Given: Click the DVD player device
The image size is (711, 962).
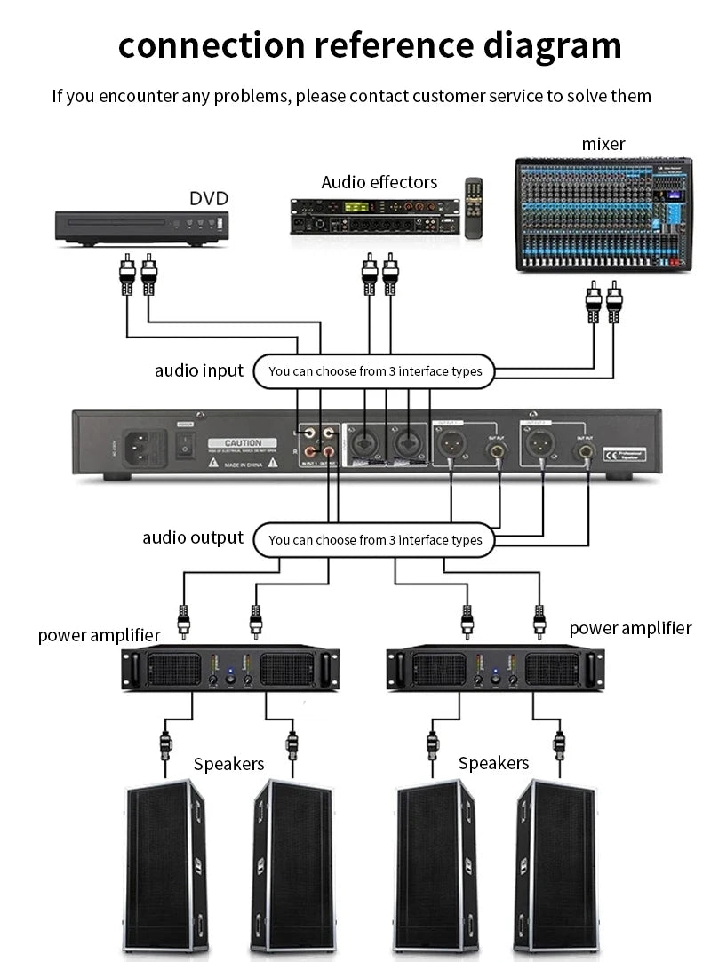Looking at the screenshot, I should pos(143,227).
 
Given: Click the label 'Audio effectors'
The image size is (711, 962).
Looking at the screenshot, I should pos(379,182).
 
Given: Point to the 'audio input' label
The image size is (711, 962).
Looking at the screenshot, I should pos(198,370).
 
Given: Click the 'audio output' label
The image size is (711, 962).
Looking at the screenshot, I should pos(192,537).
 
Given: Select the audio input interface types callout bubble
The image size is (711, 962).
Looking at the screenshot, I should pos(374,370).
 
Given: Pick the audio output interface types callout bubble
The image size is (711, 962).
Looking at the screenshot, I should pos(374,539).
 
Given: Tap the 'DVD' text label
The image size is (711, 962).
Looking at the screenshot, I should pos(209,198).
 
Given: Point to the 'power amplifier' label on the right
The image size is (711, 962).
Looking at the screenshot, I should pos(630,628).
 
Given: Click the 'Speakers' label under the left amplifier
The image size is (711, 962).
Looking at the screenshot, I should pos(228,764).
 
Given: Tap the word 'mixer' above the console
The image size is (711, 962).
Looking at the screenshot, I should pos(603,144).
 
